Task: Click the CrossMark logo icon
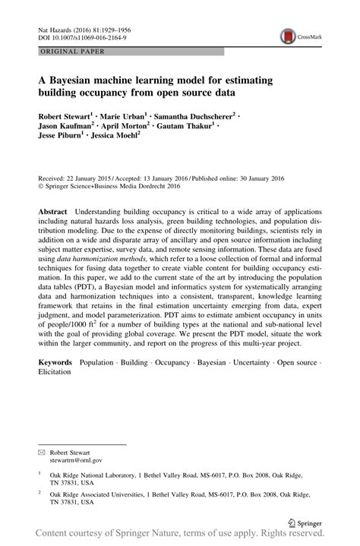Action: coord(289,35)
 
